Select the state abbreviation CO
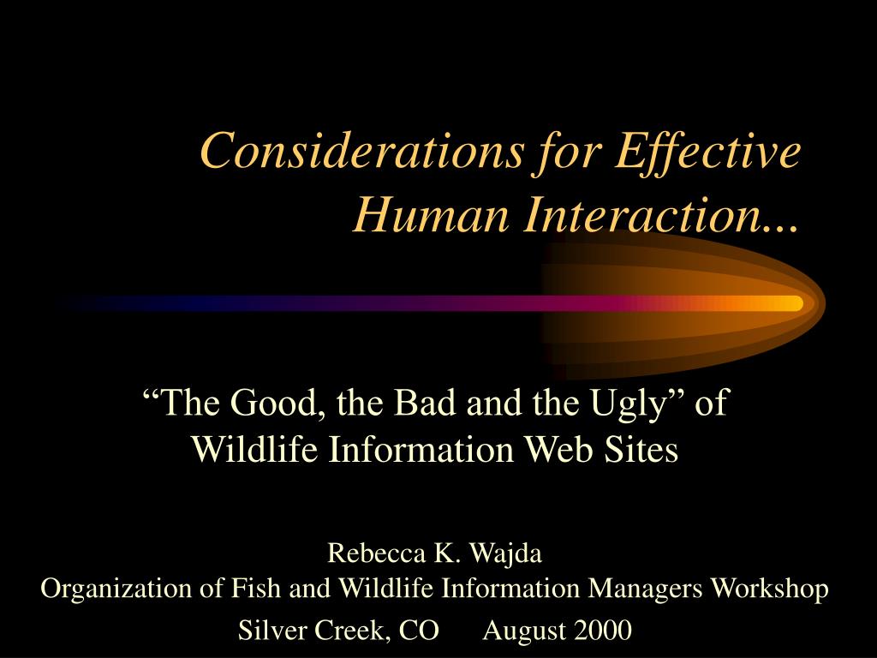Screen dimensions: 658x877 pos(419,631)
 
